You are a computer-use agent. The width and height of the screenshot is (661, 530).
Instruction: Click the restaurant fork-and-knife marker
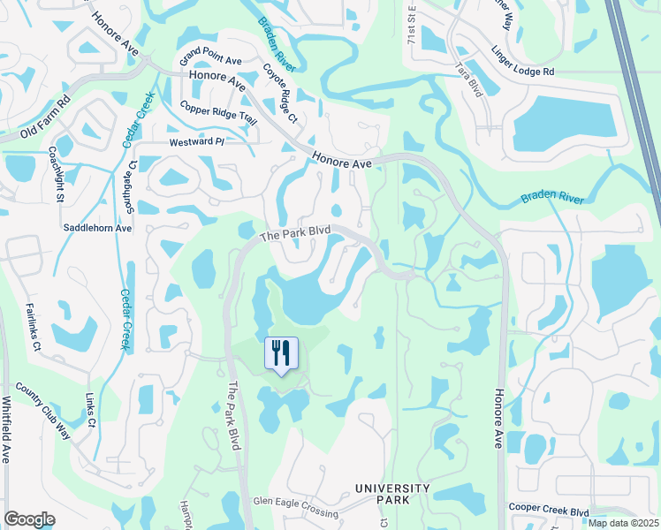point(282,353)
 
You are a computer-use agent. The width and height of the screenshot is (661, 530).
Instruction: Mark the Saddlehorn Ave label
point(97,228)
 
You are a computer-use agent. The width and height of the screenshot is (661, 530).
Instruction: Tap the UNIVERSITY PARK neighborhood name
point(392,494)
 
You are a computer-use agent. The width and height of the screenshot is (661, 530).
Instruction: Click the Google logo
point(29,520)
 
